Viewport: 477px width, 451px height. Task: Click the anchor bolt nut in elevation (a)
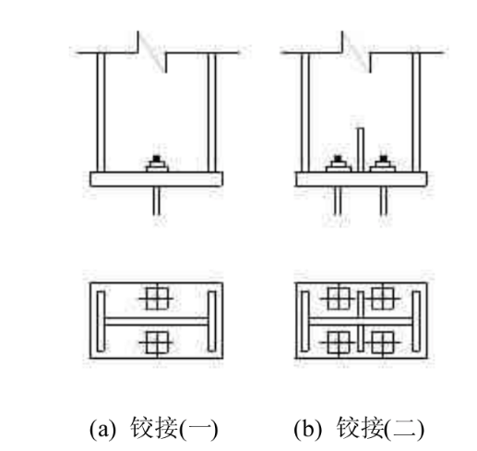[x=157, y=164]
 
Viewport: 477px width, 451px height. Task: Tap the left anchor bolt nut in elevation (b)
[x=338, y=164]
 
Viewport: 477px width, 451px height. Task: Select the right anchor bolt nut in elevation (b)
[x=383, y=164]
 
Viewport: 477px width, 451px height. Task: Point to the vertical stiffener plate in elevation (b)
[x=360, y=149]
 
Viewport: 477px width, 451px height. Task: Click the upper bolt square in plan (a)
[x=157, y=299]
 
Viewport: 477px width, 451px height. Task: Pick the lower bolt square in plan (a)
[x=157, y=342]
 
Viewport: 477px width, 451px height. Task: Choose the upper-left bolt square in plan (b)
[x=339, y=299]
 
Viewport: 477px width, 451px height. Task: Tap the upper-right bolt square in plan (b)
[x=383, y=299]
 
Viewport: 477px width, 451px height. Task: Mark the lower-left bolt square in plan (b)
[x=339, y=342]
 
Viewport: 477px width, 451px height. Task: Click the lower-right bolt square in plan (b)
[x=383, y=342]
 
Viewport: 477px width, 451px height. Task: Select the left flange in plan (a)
[x=101, y=321]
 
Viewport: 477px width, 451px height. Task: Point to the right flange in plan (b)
[x=416, y=321]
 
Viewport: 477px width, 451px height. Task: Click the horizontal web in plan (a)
[x=156, y=321]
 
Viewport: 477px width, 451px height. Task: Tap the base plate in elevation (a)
[x=156, y=179]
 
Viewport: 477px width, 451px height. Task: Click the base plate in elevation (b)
[x=361, y=179]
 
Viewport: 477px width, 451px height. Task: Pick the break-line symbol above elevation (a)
[x=152, y=53]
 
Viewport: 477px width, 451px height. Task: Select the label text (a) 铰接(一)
[x=153, y=428]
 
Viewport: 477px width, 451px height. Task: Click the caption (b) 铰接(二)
[x=359, y=428]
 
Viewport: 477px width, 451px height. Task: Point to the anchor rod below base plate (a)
[x=157, y=201]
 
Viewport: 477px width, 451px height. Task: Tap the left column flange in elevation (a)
[x=101, y=113]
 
